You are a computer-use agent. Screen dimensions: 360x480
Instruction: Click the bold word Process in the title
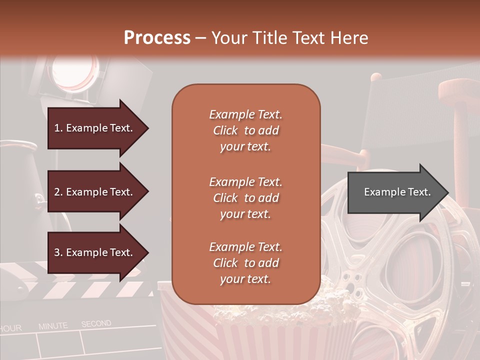[157, 38]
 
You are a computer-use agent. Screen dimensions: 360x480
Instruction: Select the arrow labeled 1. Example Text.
[95, 128]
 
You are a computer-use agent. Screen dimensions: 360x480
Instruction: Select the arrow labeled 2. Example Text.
[95, 192]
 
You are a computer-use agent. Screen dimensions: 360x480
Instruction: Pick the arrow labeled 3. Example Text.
[95, 252]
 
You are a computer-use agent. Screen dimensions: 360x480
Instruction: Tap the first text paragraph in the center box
[245, 130]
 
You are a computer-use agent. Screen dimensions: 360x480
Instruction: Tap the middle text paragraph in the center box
[245, 198]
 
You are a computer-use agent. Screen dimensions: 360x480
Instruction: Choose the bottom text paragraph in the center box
[245, 263]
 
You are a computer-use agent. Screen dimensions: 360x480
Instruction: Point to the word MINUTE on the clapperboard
[53, 326]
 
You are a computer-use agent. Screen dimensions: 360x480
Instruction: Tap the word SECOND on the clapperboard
[96, 324]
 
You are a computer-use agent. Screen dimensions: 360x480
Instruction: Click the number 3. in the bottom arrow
[58, 252]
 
